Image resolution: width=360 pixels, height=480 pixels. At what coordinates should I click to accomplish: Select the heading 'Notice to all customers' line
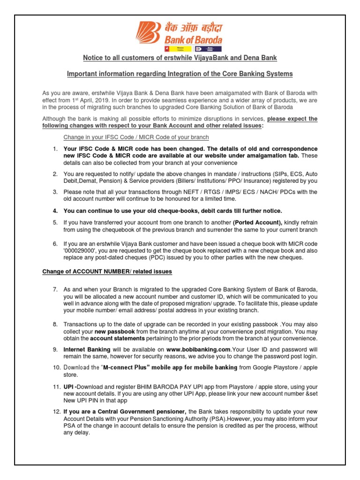180,58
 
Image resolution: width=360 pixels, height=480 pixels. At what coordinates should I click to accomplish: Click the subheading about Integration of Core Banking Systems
180,74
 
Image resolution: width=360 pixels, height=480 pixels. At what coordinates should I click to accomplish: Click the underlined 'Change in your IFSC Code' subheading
136,137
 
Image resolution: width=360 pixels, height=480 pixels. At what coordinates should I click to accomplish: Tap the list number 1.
54,149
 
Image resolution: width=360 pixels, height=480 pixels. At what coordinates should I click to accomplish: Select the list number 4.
54,211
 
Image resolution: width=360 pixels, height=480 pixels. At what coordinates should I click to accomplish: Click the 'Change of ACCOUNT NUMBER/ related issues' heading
107,271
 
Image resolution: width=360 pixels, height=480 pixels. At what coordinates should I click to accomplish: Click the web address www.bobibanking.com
199,350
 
